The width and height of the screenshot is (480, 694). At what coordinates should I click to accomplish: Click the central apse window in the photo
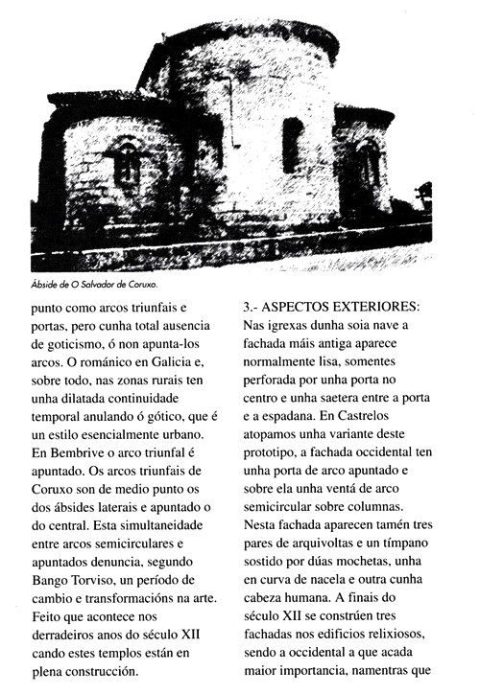[291, 144]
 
